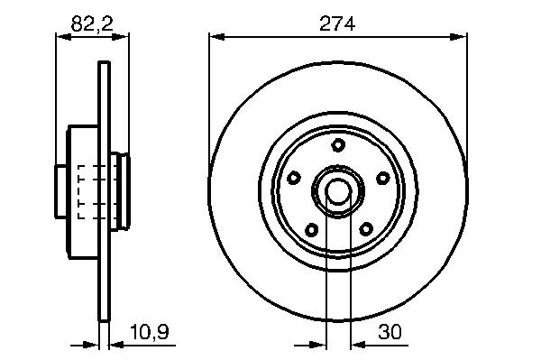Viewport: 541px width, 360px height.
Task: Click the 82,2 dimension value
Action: tap(92, 24)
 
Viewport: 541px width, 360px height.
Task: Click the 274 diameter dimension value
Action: tap(337, 24)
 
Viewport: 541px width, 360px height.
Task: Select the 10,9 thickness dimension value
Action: tap(150, 332)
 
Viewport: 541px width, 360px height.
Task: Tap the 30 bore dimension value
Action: tap(390, 332)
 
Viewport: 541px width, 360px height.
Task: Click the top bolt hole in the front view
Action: tap(338, 144)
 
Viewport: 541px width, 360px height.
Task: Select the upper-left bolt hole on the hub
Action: tap(294, 178)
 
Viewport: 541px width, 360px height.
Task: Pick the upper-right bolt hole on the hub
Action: tap(383, 178)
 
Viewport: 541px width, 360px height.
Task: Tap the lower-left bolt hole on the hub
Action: tap(312, 229)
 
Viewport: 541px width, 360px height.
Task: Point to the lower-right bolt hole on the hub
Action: tap(366, 229)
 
